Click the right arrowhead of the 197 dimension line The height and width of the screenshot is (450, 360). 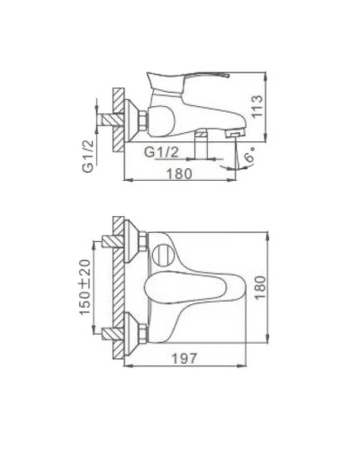[247, 368]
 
